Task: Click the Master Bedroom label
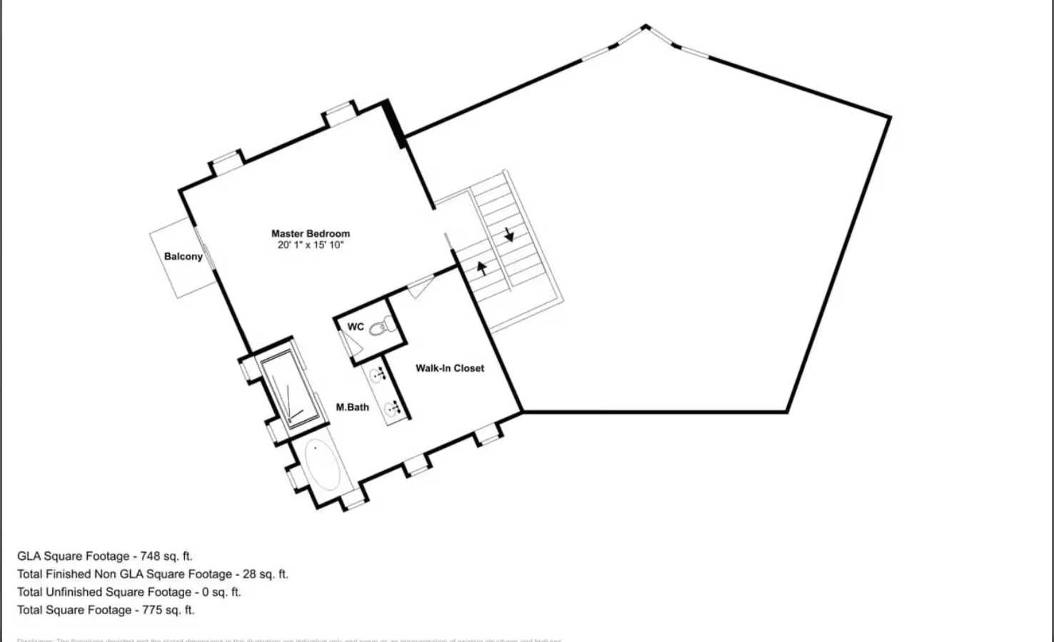click(x=311, y=233)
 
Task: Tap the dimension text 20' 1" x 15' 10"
click(x=311, y=245)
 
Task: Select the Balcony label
click(x=184, y=257)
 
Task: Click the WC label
click(x=356, y=327)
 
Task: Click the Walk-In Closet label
click(x=450, y=368)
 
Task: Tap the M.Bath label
click(x=353, y=407)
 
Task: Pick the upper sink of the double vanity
click(x=378, y=374)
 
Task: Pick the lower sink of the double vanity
click(x=391, y=409)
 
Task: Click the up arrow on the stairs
click(x=482, y=268)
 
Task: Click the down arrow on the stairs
click(x=508, y=235)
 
